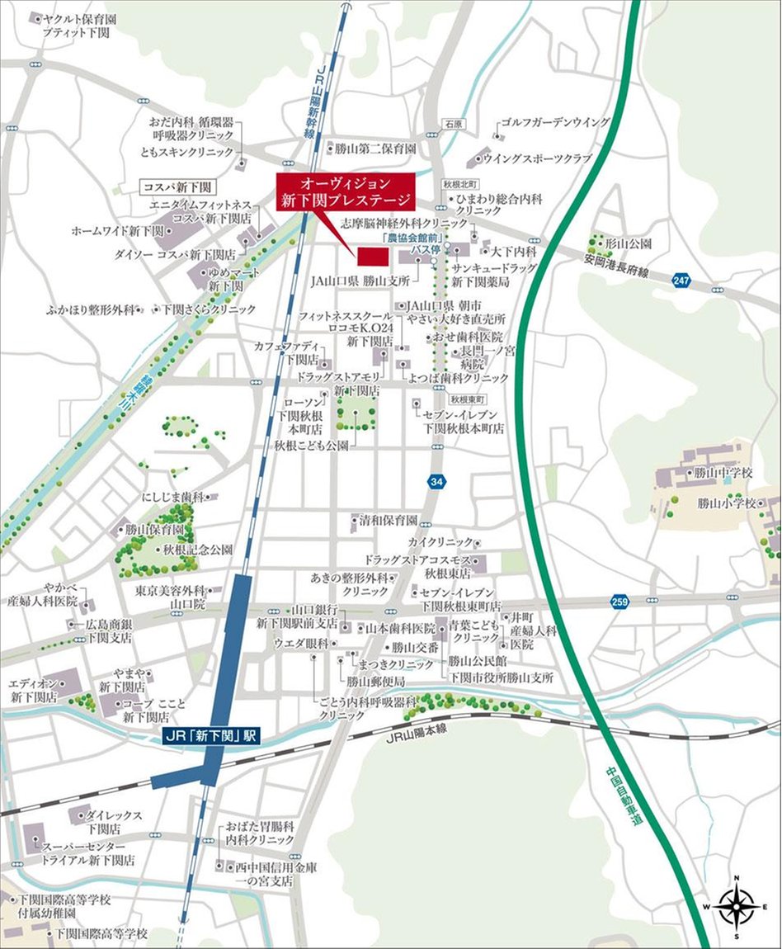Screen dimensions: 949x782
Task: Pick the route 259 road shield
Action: [619, 602]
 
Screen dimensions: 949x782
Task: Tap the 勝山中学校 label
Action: [724, 473]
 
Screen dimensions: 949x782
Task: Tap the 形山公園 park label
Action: [628, 244]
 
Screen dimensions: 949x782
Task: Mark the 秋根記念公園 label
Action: [197, 549]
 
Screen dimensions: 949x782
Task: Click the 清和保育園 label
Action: [388, 521]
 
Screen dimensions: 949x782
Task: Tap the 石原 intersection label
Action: [454, 124]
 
